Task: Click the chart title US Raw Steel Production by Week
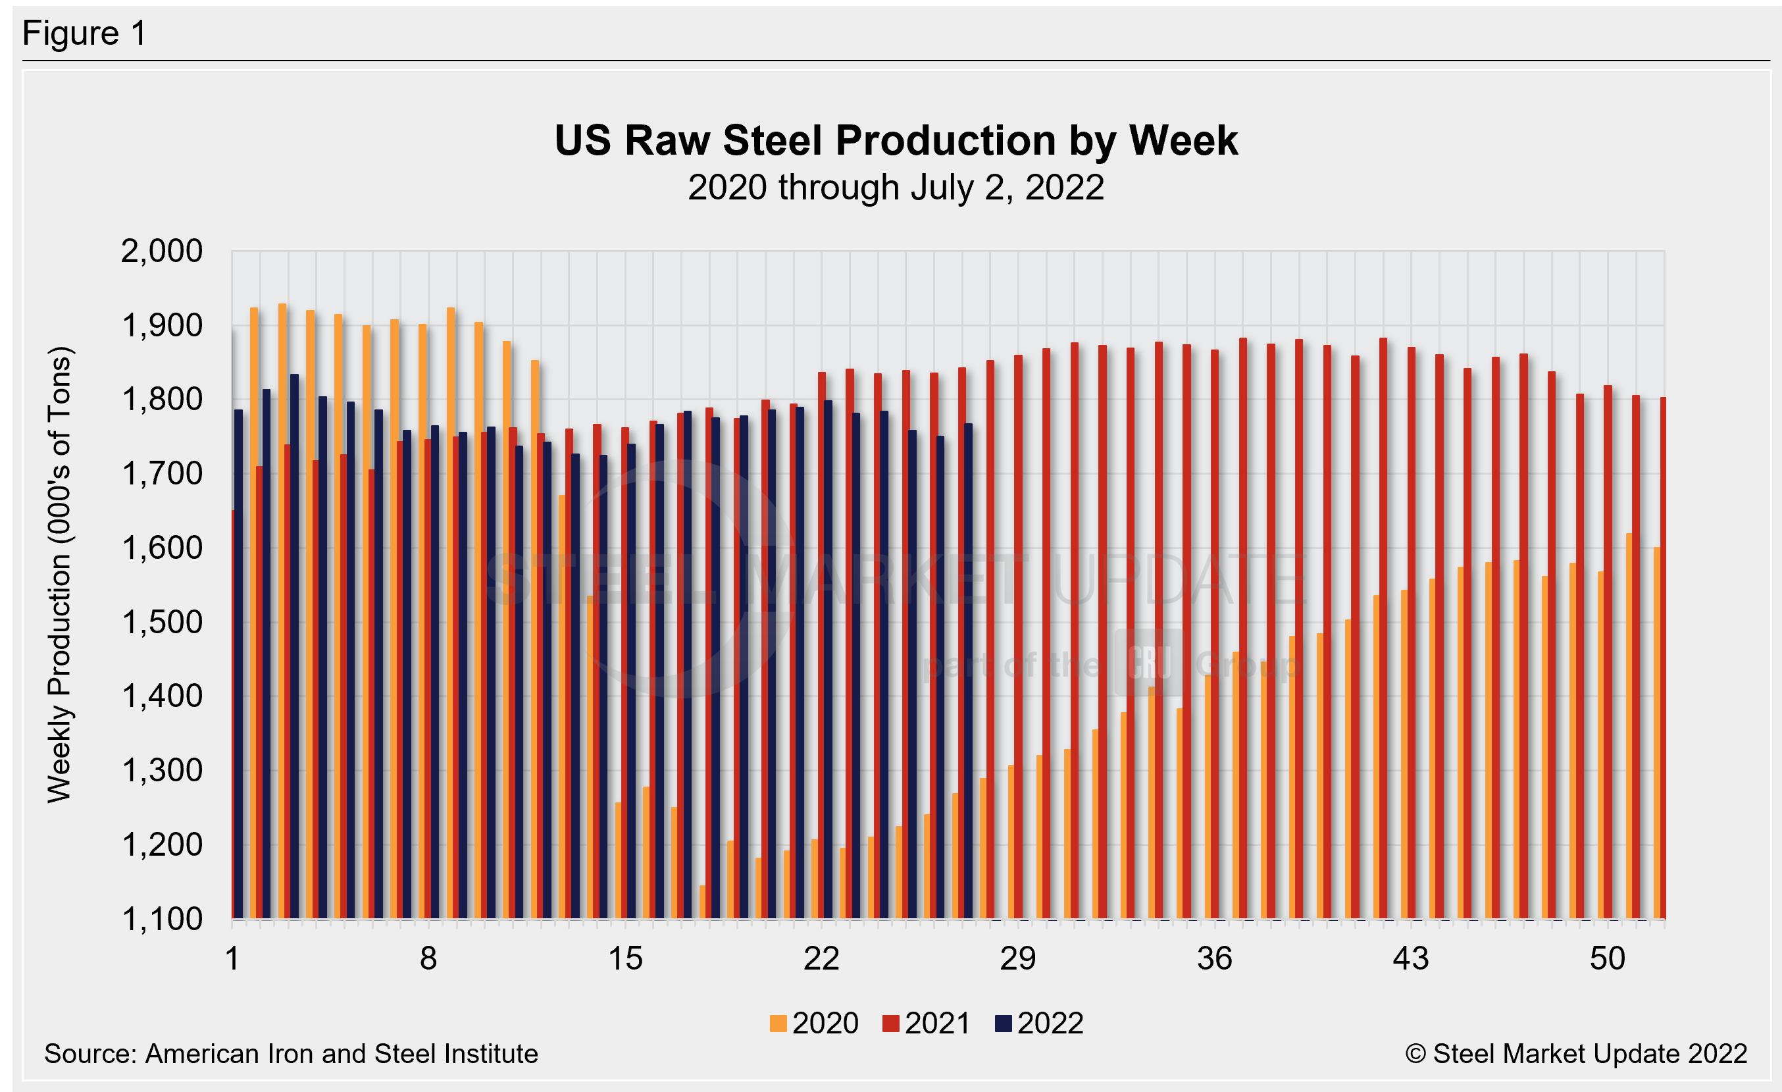click(896, 140)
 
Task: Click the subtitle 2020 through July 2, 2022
click(896, 188)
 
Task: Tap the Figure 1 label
click(85, 34)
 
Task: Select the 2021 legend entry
click(927, 1024)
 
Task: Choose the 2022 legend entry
click(1039, 1024)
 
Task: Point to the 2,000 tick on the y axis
click(161, 251)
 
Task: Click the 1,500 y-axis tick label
click(161, 623)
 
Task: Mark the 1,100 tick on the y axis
click(161, 919)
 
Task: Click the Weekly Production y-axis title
click(59, 575)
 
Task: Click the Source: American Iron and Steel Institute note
click(291, 1054)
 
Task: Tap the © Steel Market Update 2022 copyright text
click(1576, 1054)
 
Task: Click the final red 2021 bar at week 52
click(1663, 658)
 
